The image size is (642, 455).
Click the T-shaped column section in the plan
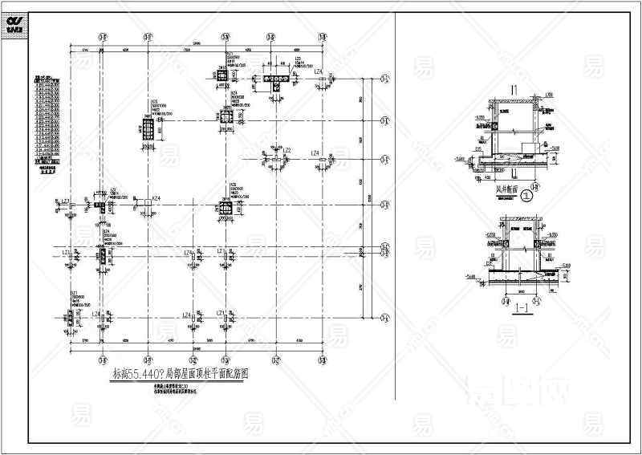pos(274,80)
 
